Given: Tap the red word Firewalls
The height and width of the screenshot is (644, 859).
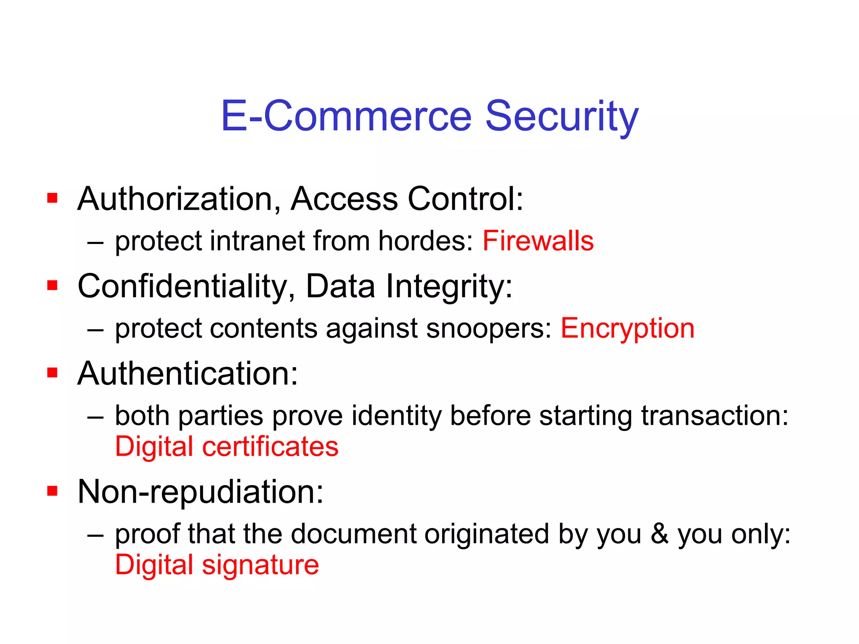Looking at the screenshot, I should coord(538,241).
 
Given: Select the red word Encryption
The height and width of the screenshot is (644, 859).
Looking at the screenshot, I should coord(627,328).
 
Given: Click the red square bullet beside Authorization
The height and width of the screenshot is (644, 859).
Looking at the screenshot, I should coord(52,198).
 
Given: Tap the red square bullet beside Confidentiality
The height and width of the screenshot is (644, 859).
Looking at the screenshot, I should coord(52,286).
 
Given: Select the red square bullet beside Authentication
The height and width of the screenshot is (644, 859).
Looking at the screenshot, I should coord(52,373).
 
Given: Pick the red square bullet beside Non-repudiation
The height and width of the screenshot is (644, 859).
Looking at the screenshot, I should coord(52,491).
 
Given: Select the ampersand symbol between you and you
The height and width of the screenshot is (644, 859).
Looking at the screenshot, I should coord(659,534).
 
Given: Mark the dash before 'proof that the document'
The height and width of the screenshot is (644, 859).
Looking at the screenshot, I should coord(96,535).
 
